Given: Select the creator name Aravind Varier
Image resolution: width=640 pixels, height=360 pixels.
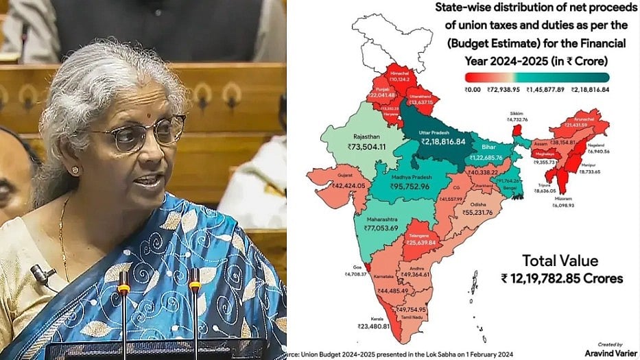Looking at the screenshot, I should pyautogui.click(x=604, y=352).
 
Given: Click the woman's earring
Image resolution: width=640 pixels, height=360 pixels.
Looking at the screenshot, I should pyautogui.click(x=75, y=170).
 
